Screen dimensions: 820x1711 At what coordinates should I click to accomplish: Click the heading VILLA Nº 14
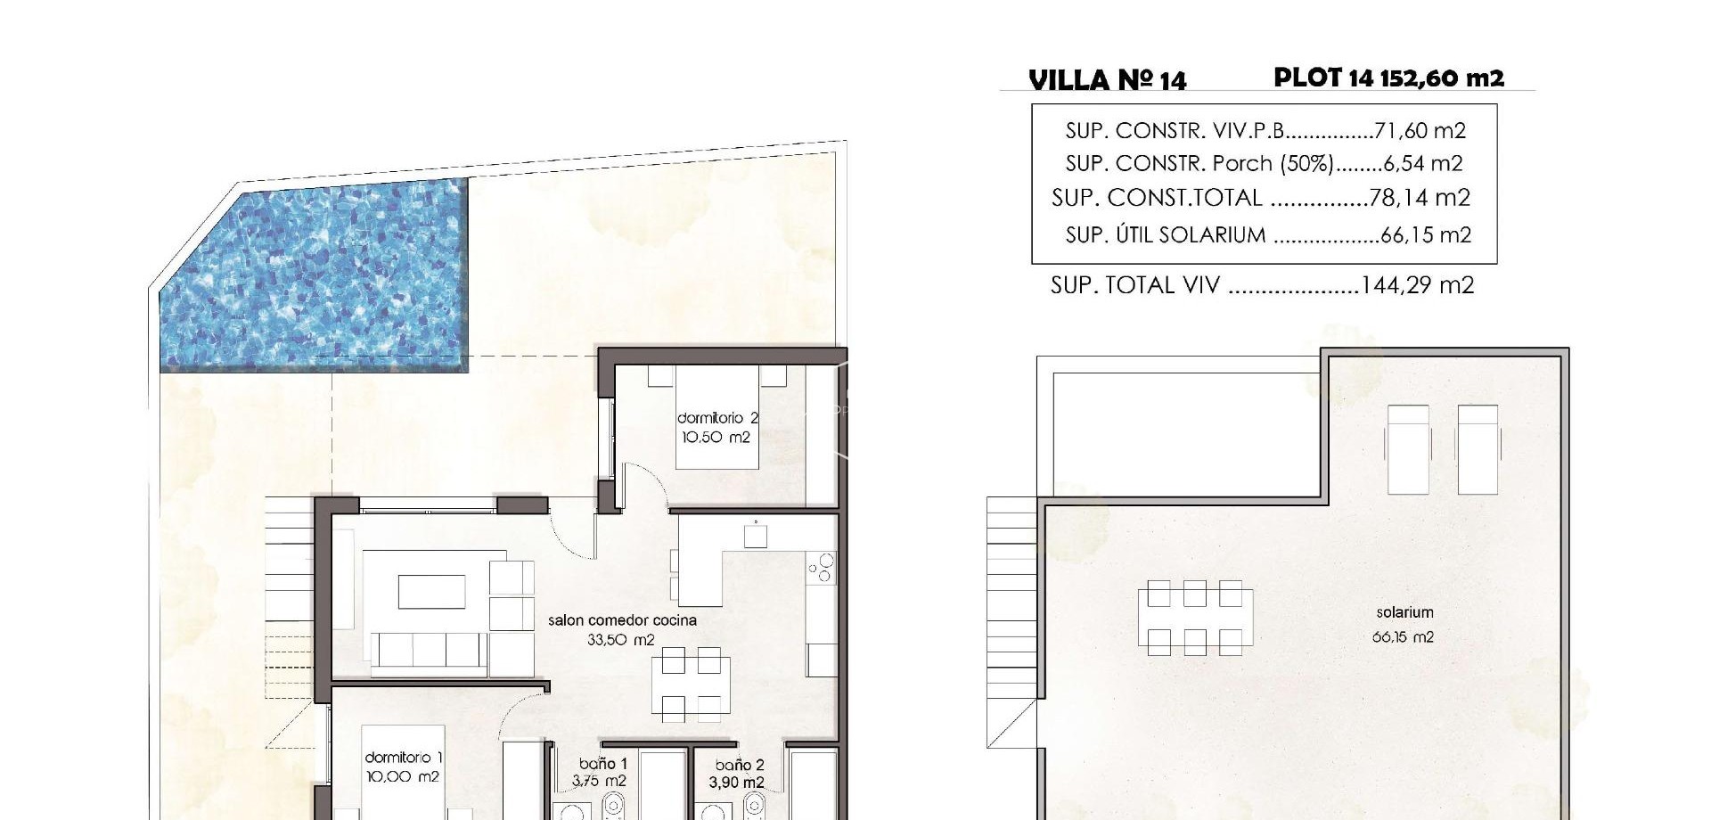[x=1107, y=80]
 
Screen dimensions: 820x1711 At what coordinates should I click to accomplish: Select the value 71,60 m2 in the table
[x=1420, y=131]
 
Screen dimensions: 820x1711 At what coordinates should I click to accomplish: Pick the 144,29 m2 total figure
[x=1417, y=285]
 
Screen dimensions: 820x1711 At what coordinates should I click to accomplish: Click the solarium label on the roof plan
[x=1404, y=613]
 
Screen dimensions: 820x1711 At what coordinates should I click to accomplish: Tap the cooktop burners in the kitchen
[x=820, y=568]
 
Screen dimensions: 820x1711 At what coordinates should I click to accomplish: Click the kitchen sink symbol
[x=756, y=536]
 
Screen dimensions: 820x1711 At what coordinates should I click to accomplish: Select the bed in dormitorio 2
[x=716, y=419]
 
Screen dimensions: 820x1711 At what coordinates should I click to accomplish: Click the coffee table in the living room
[x=431, y=591]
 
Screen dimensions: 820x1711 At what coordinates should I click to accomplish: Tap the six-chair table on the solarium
[x=1195, y=618]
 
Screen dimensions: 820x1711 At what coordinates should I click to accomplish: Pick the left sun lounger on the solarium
[x=1407, y=449]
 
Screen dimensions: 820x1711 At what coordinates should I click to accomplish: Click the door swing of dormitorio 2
[x=643, y=486]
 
